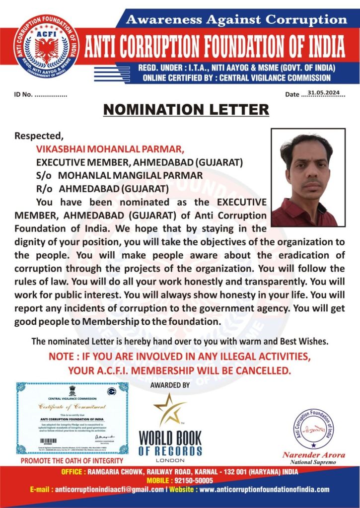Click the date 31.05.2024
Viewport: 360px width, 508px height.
click(x=326, y=92)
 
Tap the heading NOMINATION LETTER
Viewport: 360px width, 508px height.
click(x=186, y=109)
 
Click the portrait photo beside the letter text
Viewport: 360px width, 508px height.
click(x=308, y=178)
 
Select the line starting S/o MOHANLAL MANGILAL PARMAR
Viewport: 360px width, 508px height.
click(x=119, y=175)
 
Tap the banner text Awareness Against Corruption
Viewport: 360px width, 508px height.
click(x=236, y=19)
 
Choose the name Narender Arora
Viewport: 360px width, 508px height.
click(x=313, y=455)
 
